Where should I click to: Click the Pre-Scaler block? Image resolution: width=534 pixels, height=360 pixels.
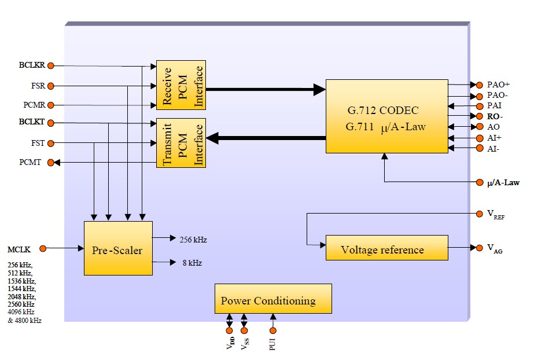pos(118,248)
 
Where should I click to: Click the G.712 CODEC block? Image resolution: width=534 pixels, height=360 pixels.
pos(387,116)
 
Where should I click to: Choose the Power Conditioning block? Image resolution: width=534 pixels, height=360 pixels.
pos(273,299)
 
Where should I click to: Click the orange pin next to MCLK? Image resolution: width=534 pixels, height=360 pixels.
pos(43,248)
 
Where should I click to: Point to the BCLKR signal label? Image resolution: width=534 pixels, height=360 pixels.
pos(31,65)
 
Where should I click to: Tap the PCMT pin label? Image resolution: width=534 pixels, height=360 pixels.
pos(30,163)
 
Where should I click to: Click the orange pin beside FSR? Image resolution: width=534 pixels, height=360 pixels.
pos(50,86)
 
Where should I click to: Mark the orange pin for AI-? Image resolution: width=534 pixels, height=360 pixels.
pos(479,149)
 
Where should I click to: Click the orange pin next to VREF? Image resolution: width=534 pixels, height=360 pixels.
pos(479,214)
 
